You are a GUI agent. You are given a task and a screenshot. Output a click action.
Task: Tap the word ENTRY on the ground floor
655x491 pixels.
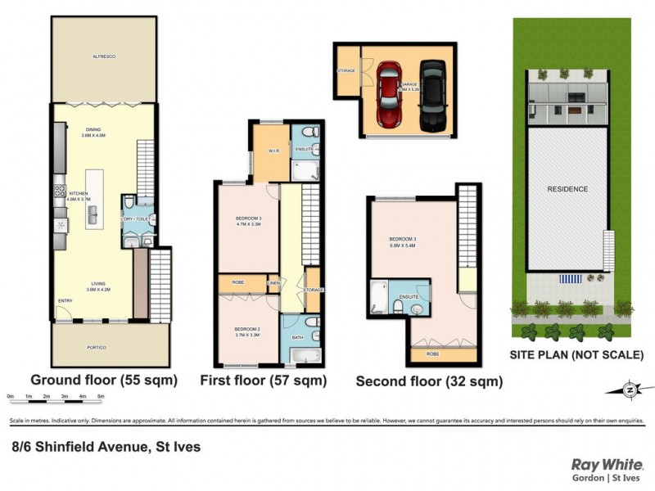pyautogui.click(x=65, y=300)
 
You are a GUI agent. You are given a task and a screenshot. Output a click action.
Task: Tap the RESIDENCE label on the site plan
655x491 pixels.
pyautogui.click(x=567, y=189)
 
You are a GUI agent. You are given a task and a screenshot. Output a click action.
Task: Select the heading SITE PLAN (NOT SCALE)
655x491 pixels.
pyautogui.click(x=576, y=355)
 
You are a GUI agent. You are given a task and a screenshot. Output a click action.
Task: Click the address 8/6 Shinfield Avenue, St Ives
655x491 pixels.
pyautogui.click(x=106, y=447)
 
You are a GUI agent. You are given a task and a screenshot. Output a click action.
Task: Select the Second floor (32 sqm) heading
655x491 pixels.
pyautogui.click(x=429, y=381)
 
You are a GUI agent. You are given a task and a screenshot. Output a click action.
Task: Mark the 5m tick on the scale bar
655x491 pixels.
pyautogui.click(x=101, y=397)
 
